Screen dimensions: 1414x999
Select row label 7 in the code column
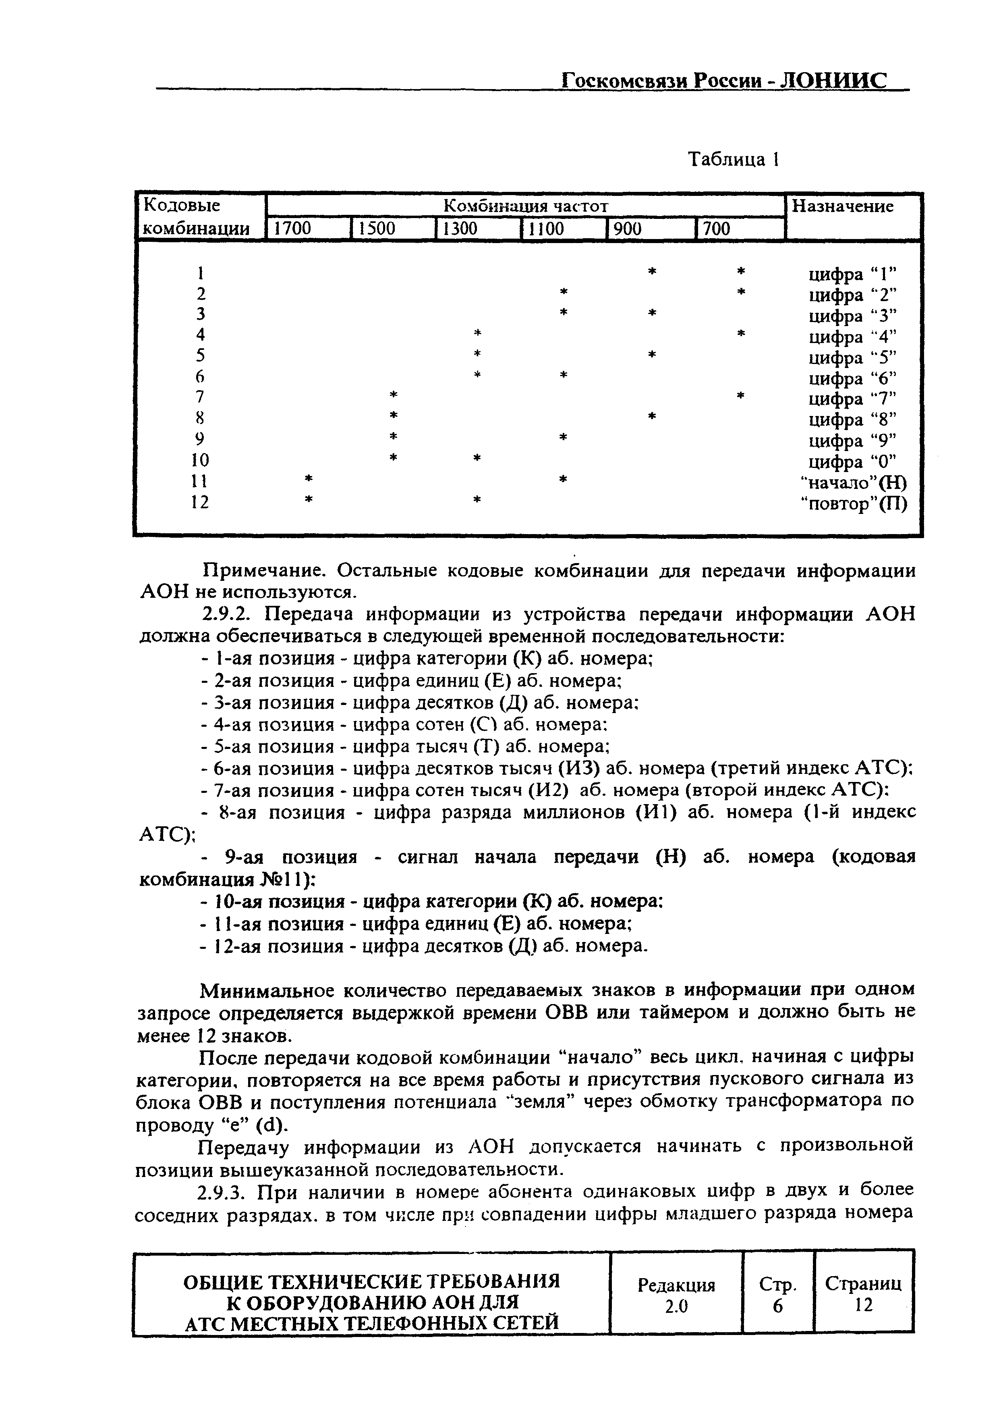tap(199, 397)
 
